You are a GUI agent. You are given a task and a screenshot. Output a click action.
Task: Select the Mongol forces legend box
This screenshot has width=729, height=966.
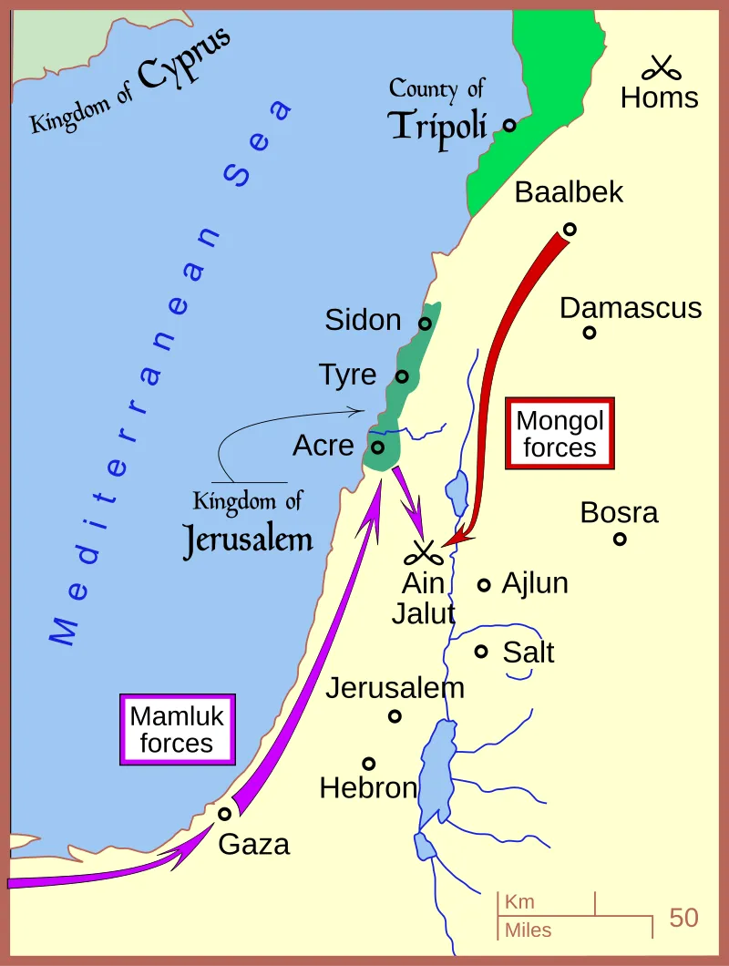pyautogui.click(x=560, y=434)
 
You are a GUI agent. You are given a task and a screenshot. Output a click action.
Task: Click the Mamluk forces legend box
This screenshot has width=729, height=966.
pyautogui.click(x=177, y=729)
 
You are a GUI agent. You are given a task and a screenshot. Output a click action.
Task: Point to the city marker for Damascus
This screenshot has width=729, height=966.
pyautogui.click(x=590, y=333)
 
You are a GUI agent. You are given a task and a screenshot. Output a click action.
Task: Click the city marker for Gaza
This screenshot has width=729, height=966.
pyautogui.click(x=223, y=814)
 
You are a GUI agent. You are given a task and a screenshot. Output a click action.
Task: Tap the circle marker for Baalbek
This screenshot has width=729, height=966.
pyautogui.click(x=570, y=229)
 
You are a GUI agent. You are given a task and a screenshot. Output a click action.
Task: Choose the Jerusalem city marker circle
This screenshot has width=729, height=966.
pyautogui.click(x=395, y=716)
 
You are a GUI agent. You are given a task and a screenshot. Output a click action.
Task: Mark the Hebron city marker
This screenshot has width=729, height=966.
pyautogui.click(x=369, y=764)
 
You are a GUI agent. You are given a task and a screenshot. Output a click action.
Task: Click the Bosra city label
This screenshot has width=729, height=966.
pyautogui.click(x=619, y=513)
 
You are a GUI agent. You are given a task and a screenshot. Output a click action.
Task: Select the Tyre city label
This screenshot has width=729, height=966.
pyautogui.click(x=347, y=375)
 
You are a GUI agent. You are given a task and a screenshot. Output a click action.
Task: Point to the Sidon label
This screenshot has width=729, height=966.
pyautogui.click(x=363, y=320)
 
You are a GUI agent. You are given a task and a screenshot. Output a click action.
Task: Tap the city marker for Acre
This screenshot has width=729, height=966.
pyautogui.click(x=377, y=447)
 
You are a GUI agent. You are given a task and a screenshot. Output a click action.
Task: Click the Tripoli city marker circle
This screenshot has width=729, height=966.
pyautogui.click(x=509, y=125)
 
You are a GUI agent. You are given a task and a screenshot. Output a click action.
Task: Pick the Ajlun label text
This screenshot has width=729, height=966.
pyautogui.click(x=535, y=583)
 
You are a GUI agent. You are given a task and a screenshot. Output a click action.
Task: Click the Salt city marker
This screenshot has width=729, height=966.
pyautogui.click(x=482, y=651)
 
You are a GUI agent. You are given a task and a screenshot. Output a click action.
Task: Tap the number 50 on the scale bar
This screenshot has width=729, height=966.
pyautogui.click(x=683, y=917)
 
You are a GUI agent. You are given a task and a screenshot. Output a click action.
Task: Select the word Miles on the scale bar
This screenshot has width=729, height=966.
pyautogui.click(x=528, y=930)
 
